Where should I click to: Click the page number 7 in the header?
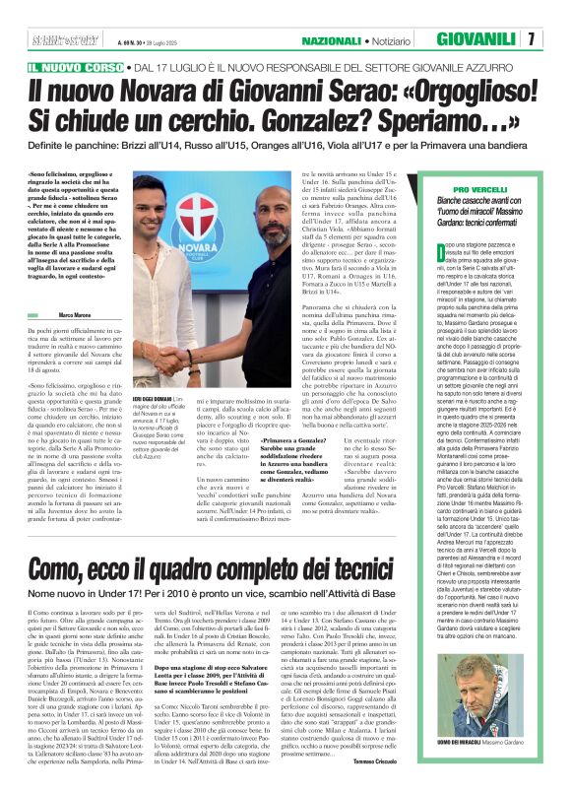pos(558,39)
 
